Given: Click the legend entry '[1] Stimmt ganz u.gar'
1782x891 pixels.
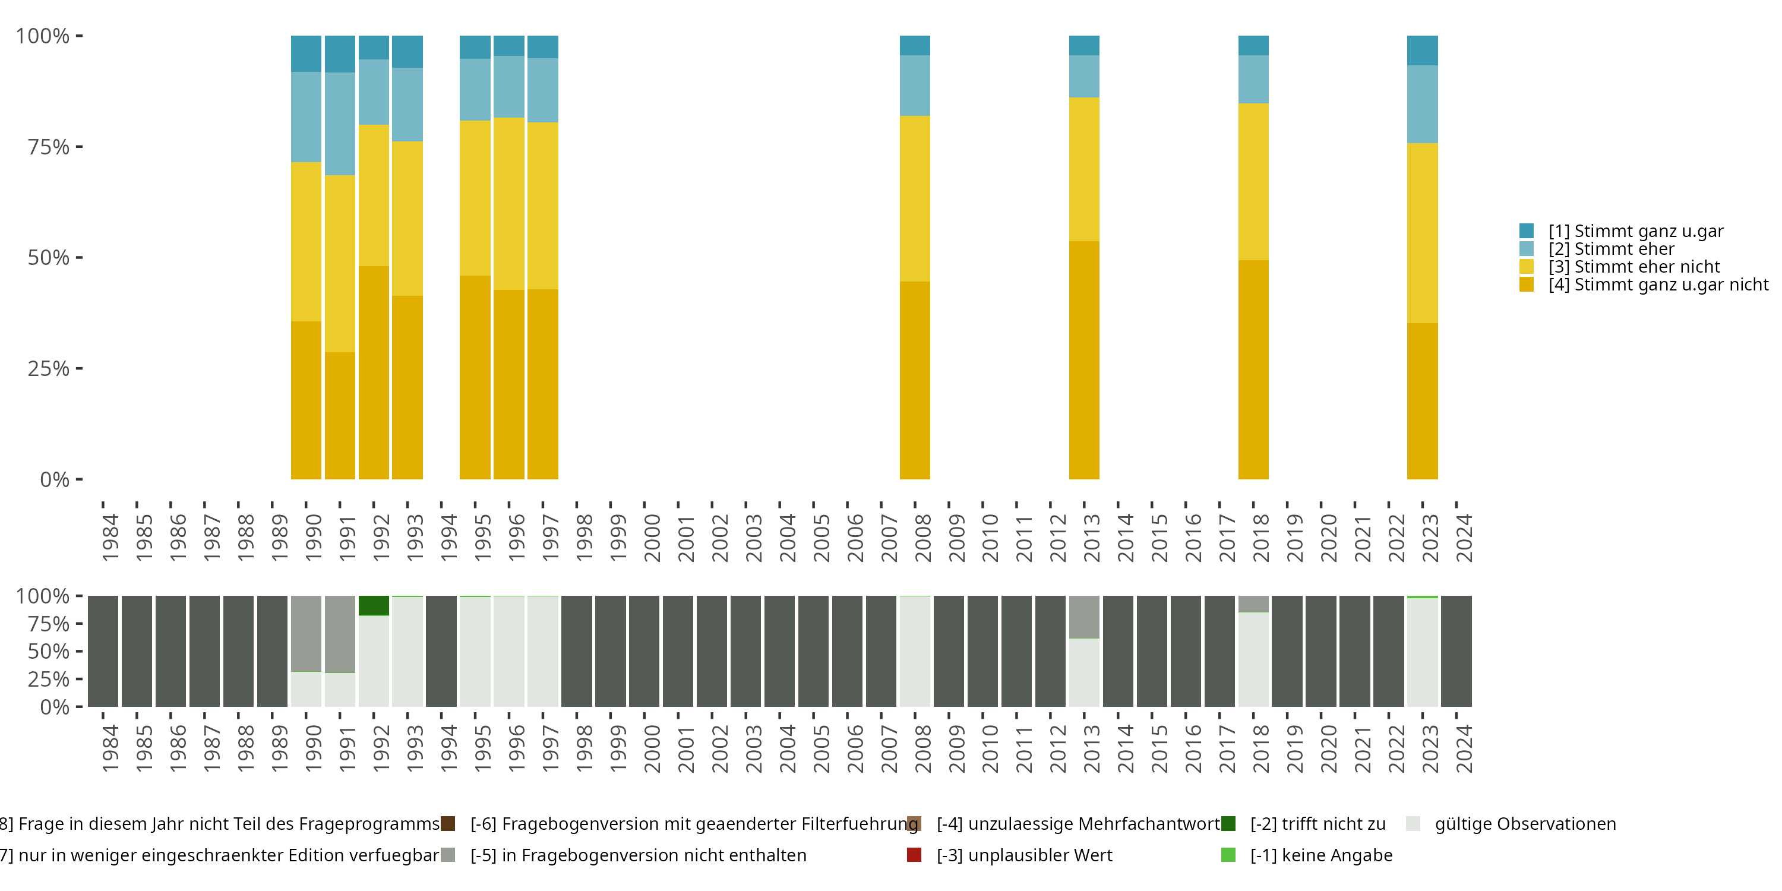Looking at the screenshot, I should (1635, 231).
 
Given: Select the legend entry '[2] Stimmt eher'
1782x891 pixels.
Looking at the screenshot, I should (1611, 249).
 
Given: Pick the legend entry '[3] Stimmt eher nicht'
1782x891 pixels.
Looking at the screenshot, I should (1634, 267).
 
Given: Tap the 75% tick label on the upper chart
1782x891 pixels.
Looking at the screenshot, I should (49, 147).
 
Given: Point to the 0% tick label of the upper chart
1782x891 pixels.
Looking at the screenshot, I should (55, 479).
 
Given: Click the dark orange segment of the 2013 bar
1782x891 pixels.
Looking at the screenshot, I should (1084, 360).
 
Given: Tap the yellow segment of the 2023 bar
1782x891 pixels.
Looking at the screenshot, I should (1422, 233).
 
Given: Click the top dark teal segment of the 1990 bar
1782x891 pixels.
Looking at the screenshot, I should (306, 53).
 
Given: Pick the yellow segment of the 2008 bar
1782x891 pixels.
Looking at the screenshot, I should (915, 198).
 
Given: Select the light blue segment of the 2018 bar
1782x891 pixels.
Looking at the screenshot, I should (1253, 79).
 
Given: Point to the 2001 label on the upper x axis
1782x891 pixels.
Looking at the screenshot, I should (685, 538).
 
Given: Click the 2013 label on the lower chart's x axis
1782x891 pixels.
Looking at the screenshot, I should (1092, 748).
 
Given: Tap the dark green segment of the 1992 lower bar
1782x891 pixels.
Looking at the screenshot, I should (374, 605).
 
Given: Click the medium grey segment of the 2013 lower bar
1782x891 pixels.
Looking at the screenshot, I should (1084, 617).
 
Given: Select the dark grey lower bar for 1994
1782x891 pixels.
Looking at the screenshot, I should (441, 651).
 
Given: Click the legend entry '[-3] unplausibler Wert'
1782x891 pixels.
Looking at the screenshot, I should (1024, 856).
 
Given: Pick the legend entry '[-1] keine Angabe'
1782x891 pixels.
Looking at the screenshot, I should (1320, 856).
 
